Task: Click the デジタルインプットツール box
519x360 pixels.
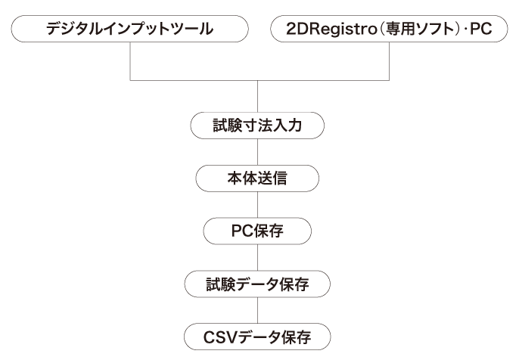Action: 129,30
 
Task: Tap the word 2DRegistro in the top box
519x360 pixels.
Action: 325,30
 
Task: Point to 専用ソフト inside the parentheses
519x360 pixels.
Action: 409,30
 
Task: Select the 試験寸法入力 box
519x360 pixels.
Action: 257,126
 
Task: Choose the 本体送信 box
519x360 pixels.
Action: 257,179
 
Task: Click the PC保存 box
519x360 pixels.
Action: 257,231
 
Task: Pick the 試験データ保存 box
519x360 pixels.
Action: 257,284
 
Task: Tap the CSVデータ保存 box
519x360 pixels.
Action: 257,337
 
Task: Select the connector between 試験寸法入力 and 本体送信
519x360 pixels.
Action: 257,153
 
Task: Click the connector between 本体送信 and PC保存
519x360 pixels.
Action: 257,206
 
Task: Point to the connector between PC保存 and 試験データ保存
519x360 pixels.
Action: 257,258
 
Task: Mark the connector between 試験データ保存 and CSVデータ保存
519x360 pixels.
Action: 257,310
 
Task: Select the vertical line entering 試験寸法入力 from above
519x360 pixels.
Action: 257,96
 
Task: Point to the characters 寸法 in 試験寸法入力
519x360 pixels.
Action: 257,126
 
